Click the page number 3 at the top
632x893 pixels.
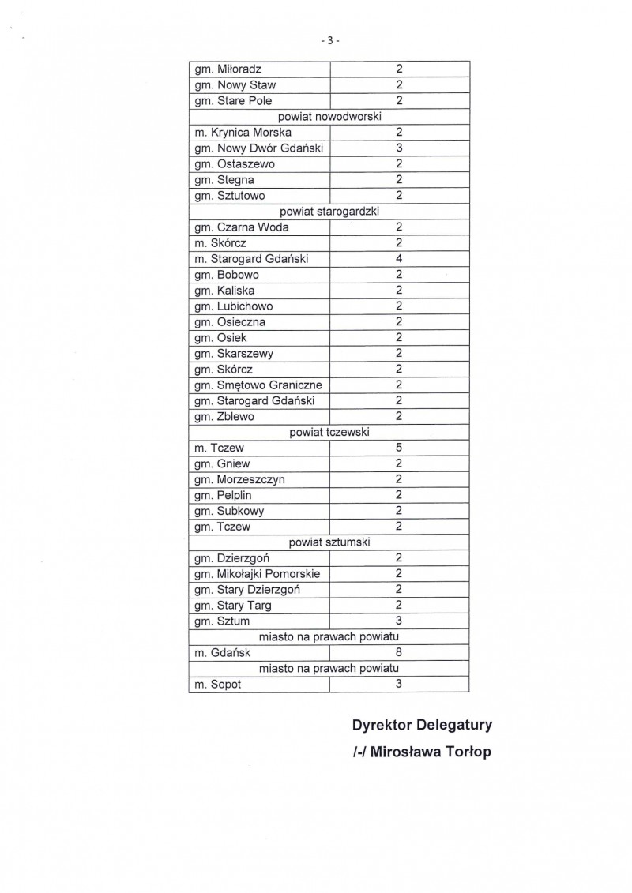(330, 41)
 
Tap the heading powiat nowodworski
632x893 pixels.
(329, 117)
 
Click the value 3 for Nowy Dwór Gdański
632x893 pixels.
(400, 148)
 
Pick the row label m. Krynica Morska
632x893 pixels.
(243, 133)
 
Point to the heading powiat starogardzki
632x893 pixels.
(329, 212)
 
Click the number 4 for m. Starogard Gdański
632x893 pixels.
(400, 259)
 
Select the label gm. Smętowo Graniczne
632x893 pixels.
(258, 385)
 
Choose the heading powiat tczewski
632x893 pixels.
(329, 432)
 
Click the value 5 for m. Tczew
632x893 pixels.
(400, 448)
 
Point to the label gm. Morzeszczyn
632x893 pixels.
(239, 479)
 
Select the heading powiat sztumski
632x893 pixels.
(329, 542)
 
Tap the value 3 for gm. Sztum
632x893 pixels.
(400, 621)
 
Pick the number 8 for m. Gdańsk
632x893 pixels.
(400, 653)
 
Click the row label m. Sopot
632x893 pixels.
(217, 685)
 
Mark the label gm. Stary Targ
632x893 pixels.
(233, 606)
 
